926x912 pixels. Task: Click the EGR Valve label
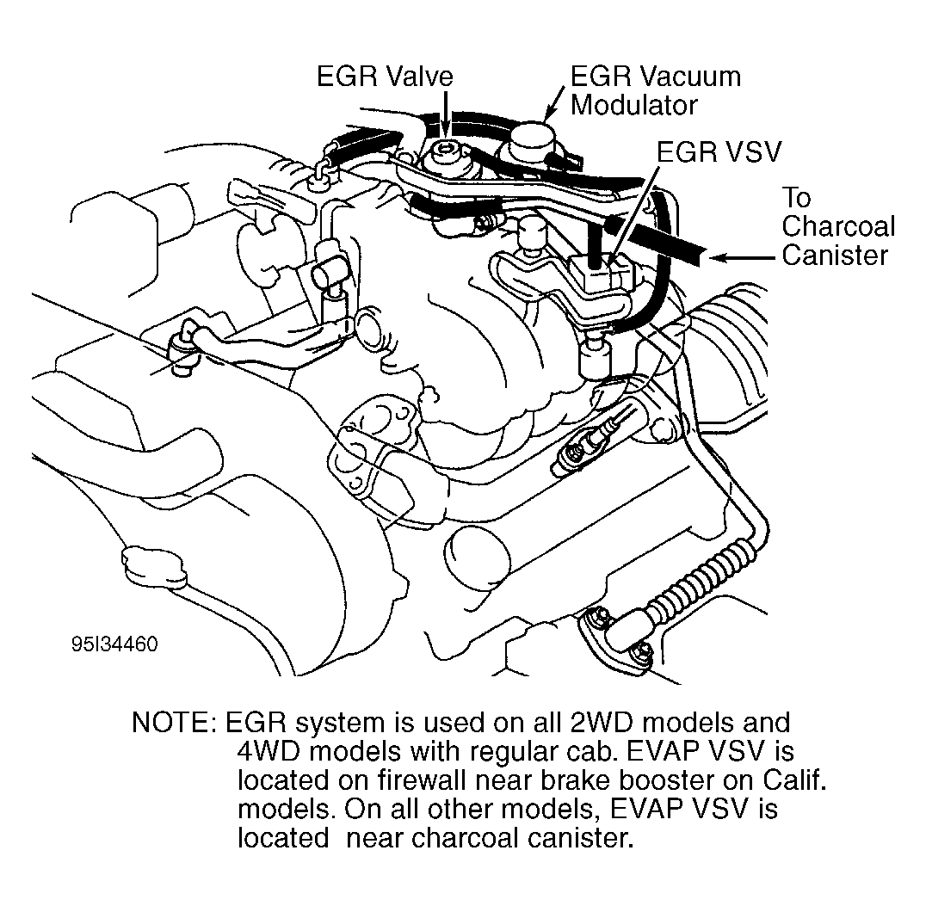(384, 77)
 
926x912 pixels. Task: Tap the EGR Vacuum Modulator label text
(655, 90)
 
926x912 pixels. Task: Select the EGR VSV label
(719, 152)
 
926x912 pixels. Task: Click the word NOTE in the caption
(170, 723)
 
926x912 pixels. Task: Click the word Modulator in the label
(634, 105)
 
